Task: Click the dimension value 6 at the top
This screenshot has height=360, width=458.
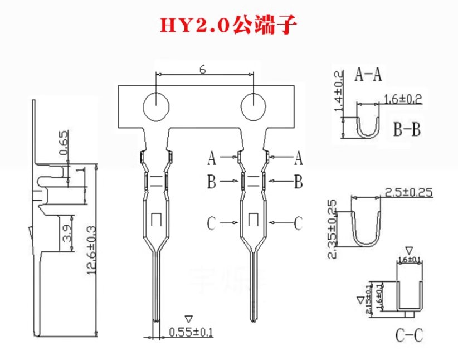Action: pyautogui.click(x=203, y=70)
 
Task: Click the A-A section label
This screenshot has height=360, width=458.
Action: pyautogui.click(x=368, y=75)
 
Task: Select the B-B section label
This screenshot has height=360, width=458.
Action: pyautogui.click(x=406, y=131)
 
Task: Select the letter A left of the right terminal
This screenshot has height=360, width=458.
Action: pyautogui.click(x=212, y=159)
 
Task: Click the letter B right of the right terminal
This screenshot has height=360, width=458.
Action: pyautogui.click(x=298, y=181)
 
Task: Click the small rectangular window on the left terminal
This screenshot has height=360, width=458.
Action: pyautogui.click(x=157, y=219)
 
